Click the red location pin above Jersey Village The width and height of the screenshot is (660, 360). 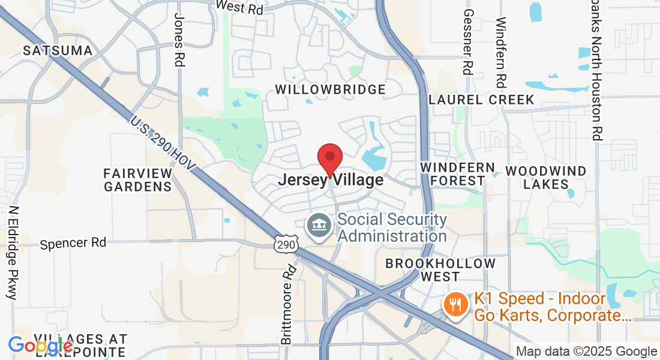click(x=330, y=158)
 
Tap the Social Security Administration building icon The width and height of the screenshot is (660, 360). click(x=319, y=226)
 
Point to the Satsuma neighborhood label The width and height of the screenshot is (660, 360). click(x=58, y=50)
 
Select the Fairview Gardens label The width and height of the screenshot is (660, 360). click(x=138, y=179)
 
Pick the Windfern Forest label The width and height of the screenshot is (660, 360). click(x=457, y=174)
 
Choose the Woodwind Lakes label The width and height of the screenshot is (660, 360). click(x=546, y=178)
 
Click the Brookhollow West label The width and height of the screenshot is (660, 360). click(x=440, y=270)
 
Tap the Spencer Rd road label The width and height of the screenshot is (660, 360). click(x=73, y=243)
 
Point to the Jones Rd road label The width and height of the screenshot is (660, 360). click(x=179, y=40)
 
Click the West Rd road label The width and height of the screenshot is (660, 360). click(x=240, y=7)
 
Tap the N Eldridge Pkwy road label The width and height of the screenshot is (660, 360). click(x=13, y=253)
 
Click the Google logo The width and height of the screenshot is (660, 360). click(x=41, y=346)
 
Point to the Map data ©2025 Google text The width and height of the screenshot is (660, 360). click(x=587, y=352)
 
